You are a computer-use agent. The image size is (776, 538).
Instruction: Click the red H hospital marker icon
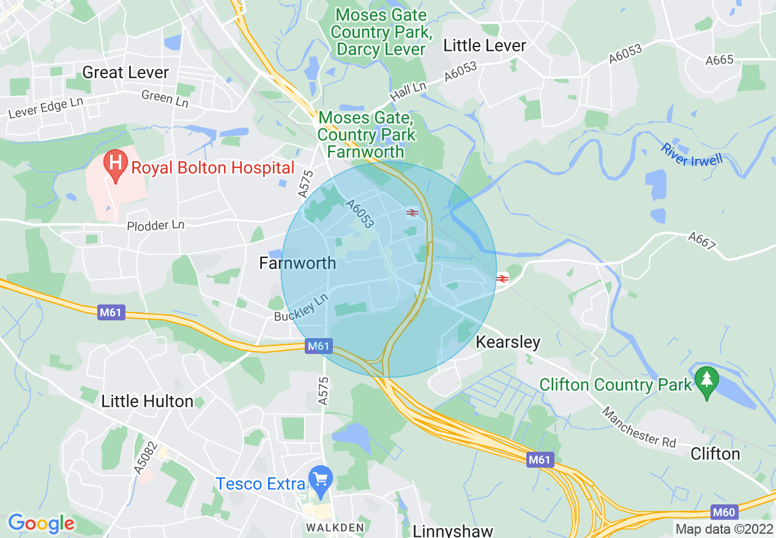114,165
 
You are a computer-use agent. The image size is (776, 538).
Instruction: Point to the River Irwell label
692,155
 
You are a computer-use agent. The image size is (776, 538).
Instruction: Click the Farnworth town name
297,263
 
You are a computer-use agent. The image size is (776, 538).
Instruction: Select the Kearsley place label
508,342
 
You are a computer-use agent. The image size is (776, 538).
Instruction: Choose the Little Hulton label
147,402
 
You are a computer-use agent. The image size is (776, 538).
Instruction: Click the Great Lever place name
125,73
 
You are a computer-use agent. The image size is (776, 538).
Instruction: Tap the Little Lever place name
485,46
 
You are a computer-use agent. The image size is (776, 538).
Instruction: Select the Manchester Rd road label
640,427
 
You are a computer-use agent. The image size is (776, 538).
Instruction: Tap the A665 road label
719,61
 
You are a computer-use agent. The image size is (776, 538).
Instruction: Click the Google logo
41,523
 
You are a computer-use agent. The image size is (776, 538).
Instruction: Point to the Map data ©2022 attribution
723,529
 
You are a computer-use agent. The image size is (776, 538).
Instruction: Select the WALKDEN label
335,528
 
